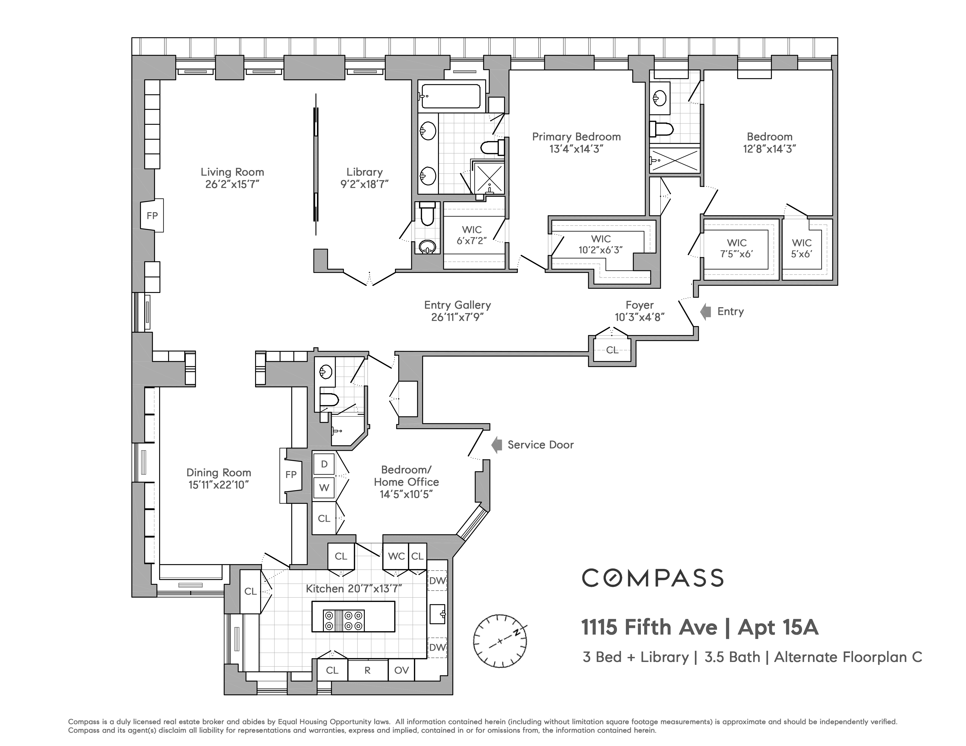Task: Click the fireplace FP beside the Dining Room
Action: pos(291,475)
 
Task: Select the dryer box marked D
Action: pos(324,464)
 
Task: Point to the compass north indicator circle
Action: pos(500,641)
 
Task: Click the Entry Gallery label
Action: pos(457,305)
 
